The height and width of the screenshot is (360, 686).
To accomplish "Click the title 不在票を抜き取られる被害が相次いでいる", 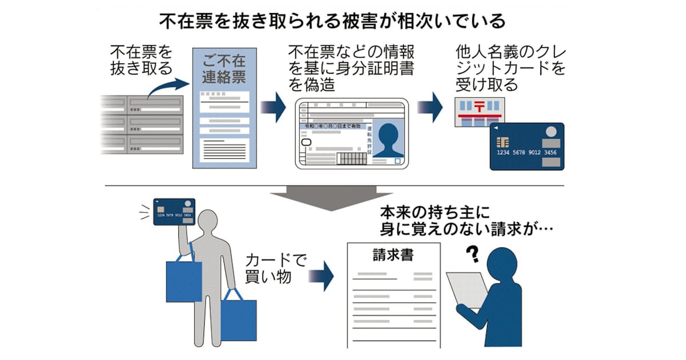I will [x=332, y=22].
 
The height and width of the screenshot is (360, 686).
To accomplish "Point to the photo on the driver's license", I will [x=389, y=140].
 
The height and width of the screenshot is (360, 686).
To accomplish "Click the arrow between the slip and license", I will [x=273, y=107].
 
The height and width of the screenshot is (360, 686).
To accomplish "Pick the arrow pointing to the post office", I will [x=430, y=107].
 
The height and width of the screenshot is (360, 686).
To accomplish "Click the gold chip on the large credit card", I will [x=504, y=142].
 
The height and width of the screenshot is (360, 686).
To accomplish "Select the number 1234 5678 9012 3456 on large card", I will [x=527, y=153].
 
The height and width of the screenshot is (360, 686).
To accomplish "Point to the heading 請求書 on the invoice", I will [x=393, y=254].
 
